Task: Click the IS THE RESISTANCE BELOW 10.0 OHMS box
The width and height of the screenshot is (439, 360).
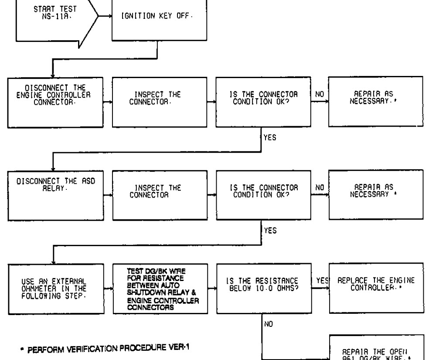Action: tap(261, 288)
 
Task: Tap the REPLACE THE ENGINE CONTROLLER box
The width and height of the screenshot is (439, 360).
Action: tap(375, 288)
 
